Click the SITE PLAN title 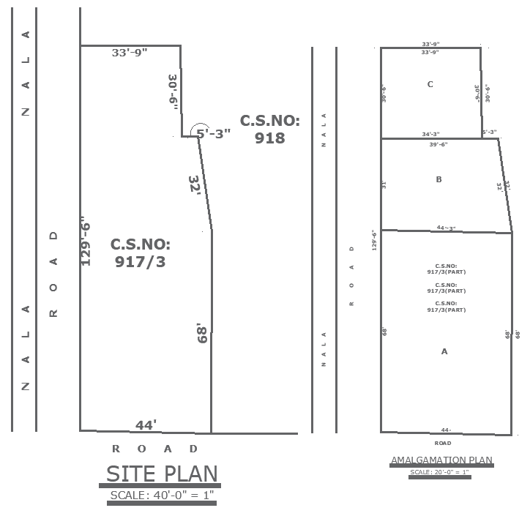[162, 474]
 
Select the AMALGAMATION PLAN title [441, 460]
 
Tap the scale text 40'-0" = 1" [162, 496]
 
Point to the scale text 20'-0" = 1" [441, 472]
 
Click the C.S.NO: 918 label [270, 129]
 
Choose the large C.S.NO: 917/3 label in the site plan [140, 253]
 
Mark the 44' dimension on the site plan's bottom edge [146, 425]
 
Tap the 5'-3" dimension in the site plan [214, 133]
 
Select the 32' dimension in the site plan [194, 184]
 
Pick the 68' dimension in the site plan [202, 334]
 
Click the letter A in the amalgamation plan [444, 351]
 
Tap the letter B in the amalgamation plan [438, 179]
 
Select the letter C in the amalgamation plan [430, 84]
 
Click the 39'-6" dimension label [438, 144]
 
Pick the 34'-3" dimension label [430, 134]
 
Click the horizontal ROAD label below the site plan [154, 448]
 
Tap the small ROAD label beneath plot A [442, 443]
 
